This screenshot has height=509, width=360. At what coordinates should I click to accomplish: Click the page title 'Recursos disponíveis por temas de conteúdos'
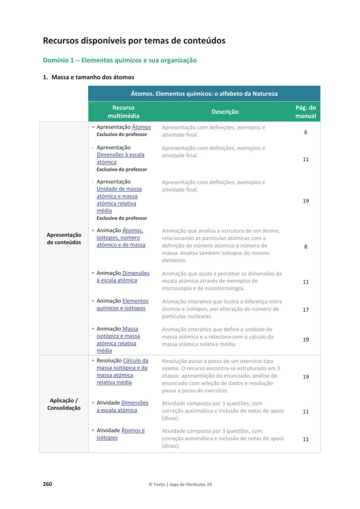tap(134, 41)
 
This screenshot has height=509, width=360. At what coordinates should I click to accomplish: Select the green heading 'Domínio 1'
tap(120, 60)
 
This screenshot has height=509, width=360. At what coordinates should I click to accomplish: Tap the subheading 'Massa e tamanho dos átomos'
tap(92, 77)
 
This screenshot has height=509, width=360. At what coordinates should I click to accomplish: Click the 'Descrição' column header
tap(225, 112)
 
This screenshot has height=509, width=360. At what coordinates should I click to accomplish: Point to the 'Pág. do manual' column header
tap(305, 112)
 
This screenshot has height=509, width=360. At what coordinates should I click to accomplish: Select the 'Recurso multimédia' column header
tap(123, 112)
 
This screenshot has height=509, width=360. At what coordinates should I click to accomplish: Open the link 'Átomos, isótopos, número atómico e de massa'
tap(121, 238)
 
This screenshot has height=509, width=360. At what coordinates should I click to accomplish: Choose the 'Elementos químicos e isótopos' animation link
tap(122, 304)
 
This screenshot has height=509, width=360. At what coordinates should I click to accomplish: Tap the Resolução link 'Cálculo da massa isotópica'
tap(122, 371)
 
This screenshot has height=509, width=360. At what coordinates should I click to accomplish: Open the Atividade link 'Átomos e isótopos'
tap(120, 434)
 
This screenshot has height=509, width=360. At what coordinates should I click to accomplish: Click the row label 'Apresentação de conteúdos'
tap(64, 239)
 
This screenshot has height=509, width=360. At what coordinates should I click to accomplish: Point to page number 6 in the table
tap(306, 132)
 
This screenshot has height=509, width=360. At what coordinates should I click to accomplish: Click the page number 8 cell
tap(306, 246)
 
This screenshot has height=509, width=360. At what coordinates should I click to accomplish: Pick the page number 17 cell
tap(306, 309)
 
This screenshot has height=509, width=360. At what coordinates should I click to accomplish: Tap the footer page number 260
tap(47, 484)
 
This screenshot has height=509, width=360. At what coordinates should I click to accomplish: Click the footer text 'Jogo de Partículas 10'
tap(191, 484)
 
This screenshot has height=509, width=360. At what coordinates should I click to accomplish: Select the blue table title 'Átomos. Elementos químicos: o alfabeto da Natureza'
tap(204, 93)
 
